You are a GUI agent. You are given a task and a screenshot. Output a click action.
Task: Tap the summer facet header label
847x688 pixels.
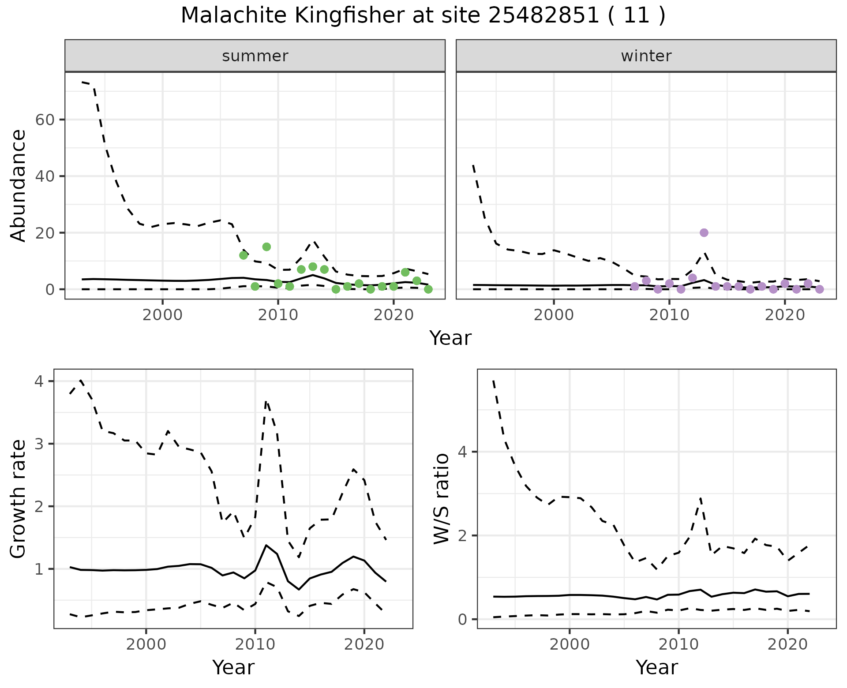(x=255, y=56)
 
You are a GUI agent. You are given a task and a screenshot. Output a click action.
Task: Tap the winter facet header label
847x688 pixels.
(x=646, y=56)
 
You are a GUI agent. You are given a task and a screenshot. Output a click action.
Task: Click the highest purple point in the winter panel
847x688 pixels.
(x=704, y=232)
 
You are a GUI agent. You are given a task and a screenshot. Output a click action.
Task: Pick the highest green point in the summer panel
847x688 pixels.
(x=266, y=247)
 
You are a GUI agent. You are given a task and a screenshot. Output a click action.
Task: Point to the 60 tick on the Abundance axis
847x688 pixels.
(x=44, y=120)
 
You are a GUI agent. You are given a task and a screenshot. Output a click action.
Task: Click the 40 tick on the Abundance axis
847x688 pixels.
(x=44, y=176)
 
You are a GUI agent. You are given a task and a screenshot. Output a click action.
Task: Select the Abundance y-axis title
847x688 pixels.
(x=19, y=185)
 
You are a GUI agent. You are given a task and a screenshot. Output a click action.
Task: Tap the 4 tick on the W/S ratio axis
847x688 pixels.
(x=463, y=452)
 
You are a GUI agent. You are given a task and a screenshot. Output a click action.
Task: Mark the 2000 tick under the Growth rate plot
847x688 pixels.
(x=146, y=644)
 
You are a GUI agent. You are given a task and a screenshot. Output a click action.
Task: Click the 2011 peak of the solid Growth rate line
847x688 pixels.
(x=266, y=546)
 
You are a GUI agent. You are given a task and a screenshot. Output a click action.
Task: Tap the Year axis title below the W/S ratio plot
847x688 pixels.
(x=656, y=667)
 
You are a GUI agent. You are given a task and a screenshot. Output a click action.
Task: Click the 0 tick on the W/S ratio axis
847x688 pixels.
(x=463, y=620)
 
